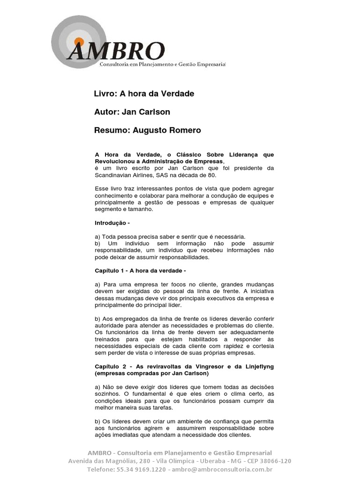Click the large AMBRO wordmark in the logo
[x=116, y=52]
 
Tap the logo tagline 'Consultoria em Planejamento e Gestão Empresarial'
[x=163, y=63]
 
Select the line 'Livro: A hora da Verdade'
[x=144, y=94]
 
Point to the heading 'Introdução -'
[x=112, y=223]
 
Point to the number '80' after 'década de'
[x=215, y=175]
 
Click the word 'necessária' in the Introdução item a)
[x=229, y=236]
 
